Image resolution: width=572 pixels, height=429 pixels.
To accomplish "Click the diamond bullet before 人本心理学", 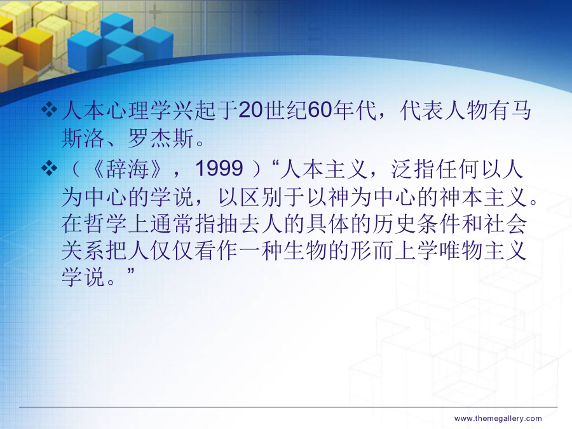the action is coord(49,109).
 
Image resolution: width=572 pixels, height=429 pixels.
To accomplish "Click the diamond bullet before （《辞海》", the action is coord(49,168).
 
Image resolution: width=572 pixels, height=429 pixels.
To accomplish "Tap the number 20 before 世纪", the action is coord(250,110).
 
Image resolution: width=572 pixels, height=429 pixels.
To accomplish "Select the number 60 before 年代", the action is coord(320,110).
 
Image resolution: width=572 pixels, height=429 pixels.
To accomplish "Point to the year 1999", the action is coord(219,168).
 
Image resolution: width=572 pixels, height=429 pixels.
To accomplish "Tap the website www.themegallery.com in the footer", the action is coord(498,418).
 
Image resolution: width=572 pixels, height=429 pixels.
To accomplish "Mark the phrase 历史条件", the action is coord(417,224).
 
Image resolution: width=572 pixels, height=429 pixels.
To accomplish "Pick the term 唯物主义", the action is coord(483,250).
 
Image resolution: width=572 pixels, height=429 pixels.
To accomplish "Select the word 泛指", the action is coord(413,169).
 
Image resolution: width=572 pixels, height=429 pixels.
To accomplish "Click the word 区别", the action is coord(261,197).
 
